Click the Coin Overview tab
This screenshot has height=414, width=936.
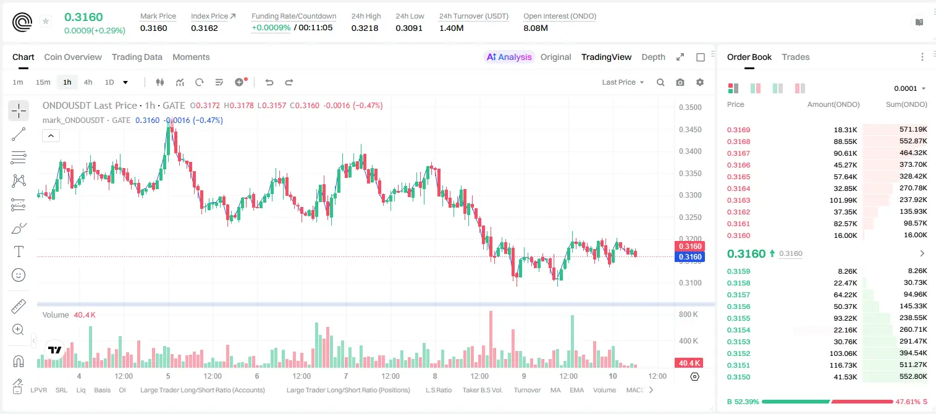73,57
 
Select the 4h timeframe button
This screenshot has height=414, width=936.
88,82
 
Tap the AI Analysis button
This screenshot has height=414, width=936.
509,57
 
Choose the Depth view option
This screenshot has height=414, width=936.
653,57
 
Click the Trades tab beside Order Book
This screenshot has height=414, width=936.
796,57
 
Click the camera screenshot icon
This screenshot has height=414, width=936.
680,82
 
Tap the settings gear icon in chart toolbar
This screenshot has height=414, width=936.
700,82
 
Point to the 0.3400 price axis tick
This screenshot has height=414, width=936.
690,151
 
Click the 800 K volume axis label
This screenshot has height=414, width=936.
689,314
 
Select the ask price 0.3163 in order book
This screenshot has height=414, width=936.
738,200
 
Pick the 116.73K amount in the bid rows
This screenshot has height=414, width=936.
843,365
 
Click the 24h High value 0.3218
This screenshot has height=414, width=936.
365,28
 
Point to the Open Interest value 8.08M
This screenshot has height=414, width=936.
536,28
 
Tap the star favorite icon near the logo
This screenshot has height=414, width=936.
46,21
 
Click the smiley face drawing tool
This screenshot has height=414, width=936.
19,275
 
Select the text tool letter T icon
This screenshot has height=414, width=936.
19,251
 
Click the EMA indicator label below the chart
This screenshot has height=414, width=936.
576,390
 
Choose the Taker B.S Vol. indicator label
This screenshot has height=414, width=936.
483,390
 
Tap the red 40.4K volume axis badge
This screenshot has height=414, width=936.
689,363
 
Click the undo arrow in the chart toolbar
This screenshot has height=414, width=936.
269,82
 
